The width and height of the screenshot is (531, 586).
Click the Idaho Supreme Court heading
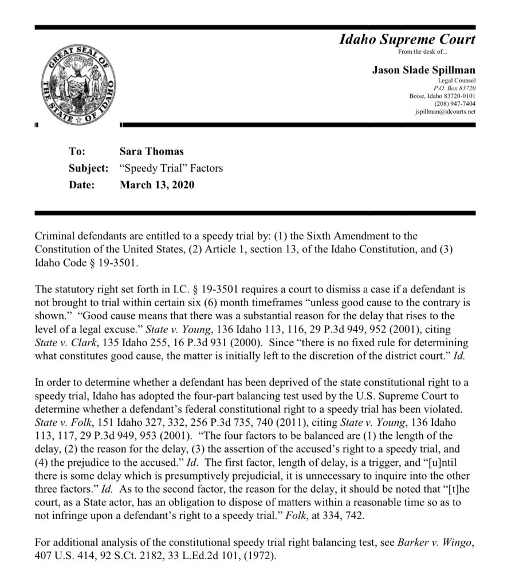pyautogui.click(x=407, y=40)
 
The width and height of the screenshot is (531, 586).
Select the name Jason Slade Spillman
pyautogui.click(x=423, y=70)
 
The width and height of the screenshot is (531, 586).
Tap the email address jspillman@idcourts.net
pyautogui.click(x=445, y=112)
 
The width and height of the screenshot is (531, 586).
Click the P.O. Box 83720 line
pyautogui.click(x=455, y=88)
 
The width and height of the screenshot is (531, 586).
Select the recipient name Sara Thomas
pyautogui.click(x=151, y=152)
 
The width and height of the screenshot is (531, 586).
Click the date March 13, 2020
pyautogui.click(x=156, y=185)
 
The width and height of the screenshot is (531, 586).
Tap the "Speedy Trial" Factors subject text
pyautogui.click(x=171, y=168)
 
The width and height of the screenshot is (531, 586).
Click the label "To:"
pyautogui.click(x=77, y=152)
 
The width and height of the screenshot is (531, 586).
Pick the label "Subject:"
pyautogui.click(x=88, y=168)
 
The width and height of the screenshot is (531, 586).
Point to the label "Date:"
pyautogui.click(x=81, y=185)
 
